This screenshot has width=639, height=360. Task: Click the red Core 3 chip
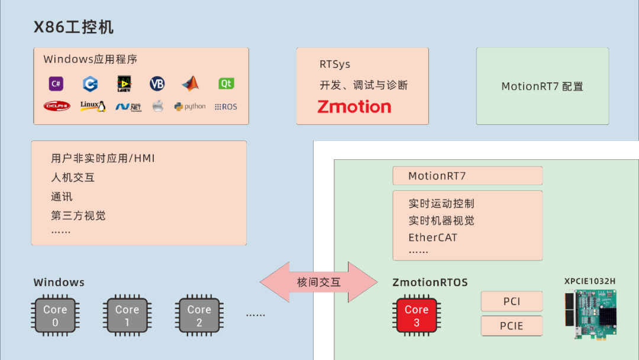click(417, 316)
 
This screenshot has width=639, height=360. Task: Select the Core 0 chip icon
click(55, 316)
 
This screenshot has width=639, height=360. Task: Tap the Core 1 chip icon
click(127, 316)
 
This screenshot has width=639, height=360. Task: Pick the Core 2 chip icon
click(199, 316)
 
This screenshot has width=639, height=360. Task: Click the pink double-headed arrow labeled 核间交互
click(319, 282)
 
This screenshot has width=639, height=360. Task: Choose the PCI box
click(511, 301)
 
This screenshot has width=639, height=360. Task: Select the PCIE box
click(511, 326)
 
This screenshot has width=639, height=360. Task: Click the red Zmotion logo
click(354, 107)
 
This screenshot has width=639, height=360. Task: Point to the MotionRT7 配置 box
click(542, 86)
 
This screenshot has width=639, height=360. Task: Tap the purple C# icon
click(56, 83)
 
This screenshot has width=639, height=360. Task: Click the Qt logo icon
click(226, 83)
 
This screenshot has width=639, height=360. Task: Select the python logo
click(190, 107)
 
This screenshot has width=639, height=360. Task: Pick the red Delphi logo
click(57, 107)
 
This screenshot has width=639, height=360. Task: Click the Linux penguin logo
click(93, 107)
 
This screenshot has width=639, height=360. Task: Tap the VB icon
click(157, 83)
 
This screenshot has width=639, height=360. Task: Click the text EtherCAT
click(433, 237)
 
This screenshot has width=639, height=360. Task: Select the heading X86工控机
click(73, 27)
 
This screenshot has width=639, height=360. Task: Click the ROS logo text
click(225, 107)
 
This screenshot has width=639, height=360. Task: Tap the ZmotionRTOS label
click(430, 282)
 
